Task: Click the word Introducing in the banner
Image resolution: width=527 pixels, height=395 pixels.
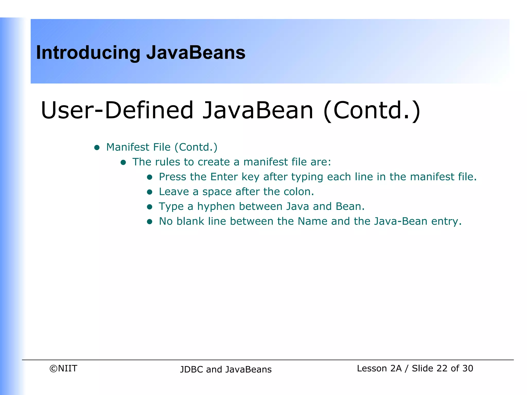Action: click(x=88, y=53)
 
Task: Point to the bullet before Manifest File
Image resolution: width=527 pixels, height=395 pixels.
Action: click(x=97, y=148)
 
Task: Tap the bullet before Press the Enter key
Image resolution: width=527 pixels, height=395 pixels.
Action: click(x=150, y=177)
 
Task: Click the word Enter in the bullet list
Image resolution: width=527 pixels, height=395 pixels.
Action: click(x=224, y=177)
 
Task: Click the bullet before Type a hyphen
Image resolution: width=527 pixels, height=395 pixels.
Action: click(x=150, y=207)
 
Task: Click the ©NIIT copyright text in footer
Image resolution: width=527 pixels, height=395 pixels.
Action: click(x=63, y=369)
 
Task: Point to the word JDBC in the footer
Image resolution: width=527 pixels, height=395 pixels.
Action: click(x=191, y=370)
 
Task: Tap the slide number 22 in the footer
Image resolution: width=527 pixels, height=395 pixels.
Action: click(x=442, y=369)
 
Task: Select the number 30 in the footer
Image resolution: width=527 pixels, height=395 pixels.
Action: click(x=468, y=369)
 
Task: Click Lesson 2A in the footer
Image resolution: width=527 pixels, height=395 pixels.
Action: click(x=379, y=369)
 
